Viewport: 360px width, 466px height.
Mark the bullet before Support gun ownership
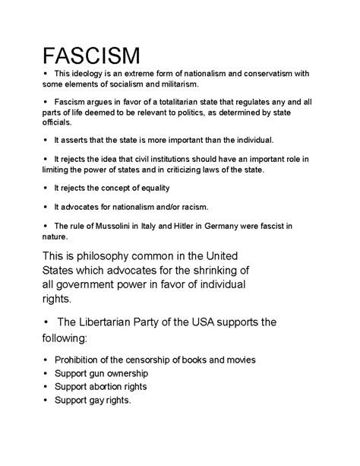click(x=46, y=373)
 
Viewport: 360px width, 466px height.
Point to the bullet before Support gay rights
click(x=46, y=401)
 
